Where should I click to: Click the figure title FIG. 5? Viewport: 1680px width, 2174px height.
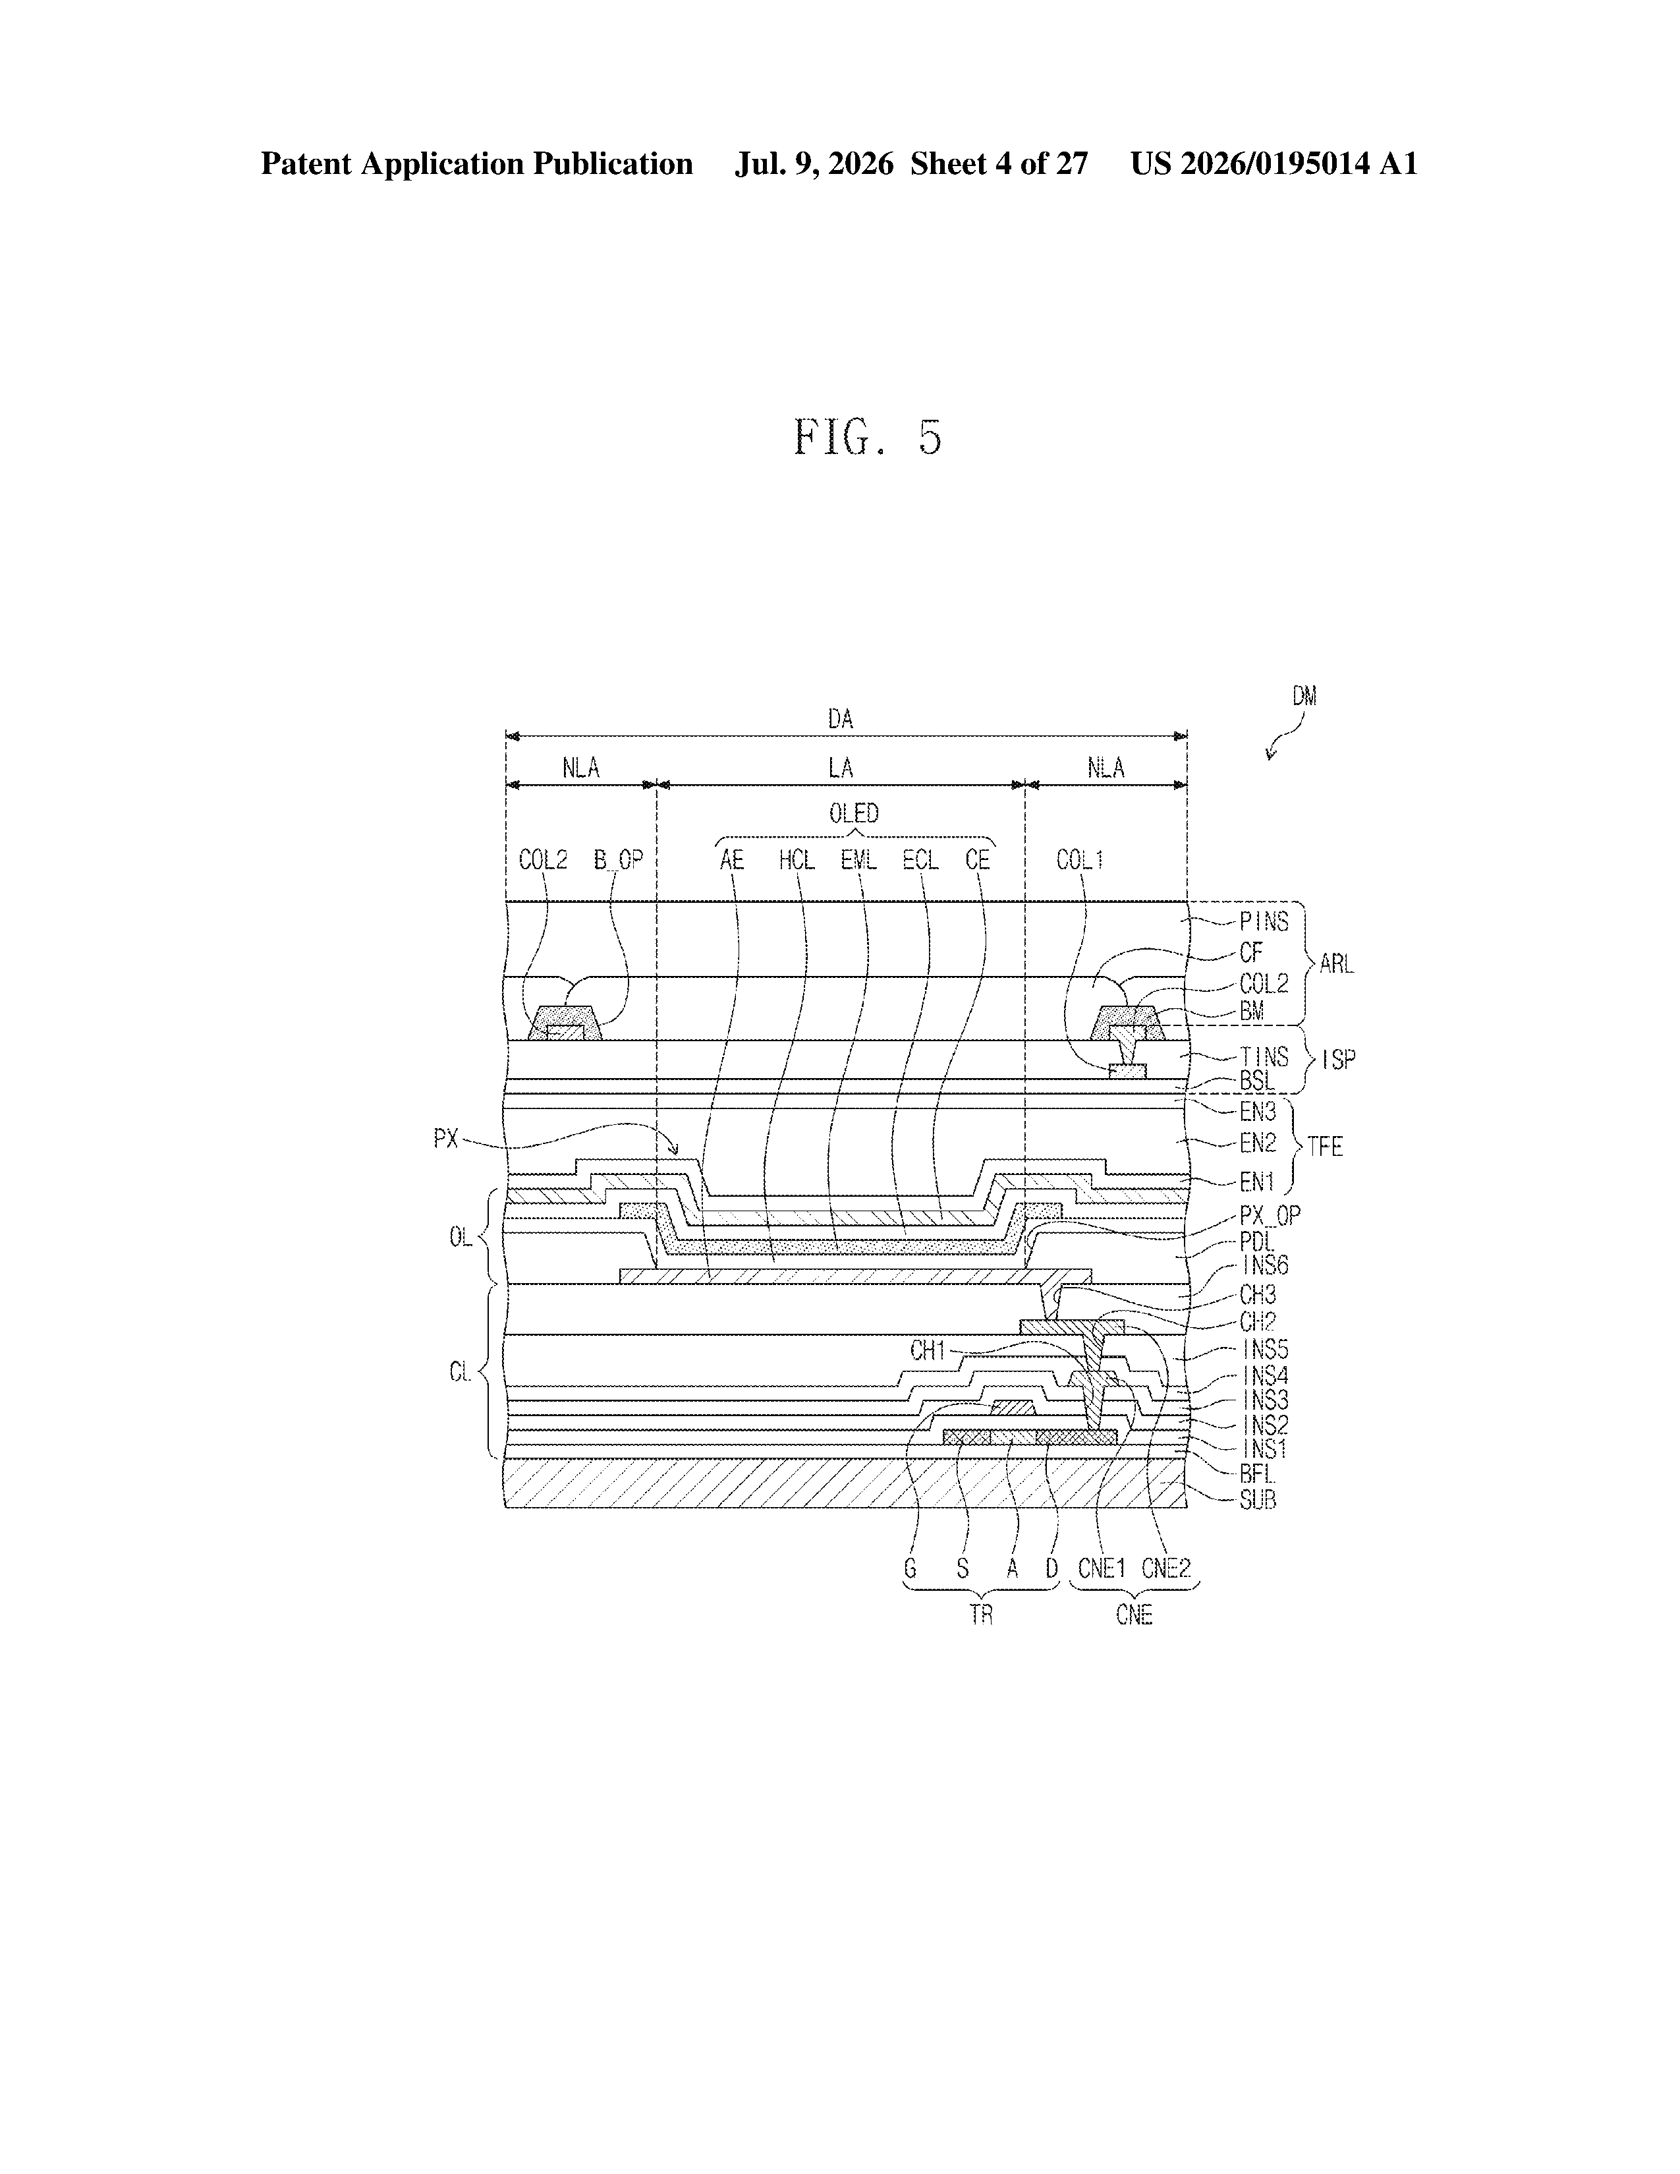868,437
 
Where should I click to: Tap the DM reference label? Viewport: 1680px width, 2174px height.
1304,697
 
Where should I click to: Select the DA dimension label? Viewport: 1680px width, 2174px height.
841,719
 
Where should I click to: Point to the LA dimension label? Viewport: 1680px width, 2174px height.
841,768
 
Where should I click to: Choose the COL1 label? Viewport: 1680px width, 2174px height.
1080,859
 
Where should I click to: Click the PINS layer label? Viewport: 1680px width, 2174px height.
1264,922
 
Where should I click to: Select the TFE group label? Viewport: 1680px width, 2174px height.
1325,1147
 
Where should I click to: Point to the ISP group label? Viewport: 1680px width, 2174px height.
1339,1060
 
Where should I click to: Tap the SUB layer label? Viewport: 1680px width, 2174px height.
1258,1499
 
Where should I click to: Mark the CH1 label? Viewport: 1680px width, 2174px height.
928,1351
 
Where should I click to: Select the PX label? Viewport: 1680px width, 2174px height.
447,1139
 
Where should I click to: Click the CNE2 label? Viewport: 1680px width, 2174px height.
1166,1569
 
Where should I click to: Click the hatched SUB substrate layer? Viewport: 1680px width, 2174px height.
846,1483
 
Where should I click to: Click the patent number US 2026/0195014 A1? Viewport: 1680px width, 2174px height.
1274,164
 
